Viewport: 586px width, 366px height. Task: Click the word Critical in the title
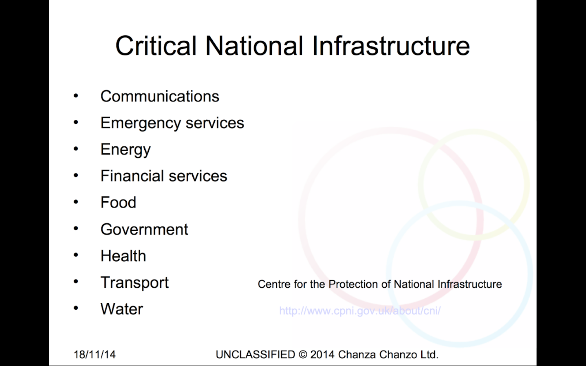tap(156, 46)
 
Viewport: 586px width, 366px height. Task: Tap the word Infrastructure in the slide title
tap(391, 46)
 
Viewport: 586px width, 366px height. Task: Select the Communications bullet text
tap(160, 96)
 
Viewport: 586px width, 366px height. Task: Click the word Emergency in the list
tap(141, 123)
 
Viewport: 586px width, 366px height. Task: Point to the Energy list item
tap(126, 150)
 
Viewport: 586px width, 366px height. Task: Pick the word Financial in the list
tap(132, 176)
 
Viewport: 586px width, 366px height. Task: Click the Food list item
tap(119, 202)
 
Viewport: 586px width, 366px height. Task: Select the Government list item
tap(144, 229)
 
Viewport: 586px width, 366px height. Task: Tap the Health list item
tap(123, 256)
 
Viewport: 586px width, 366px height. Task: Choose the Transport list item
tap(135, 283)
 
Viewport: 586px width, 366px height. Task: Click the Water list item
tap(122, 309)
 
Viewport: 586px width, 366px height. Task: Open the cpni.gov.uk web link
tap(360, 311)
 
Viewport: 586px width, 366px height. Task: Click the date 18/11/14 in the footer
tap(95, 355)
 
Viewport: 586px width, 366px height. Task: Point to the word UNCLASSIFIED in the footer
tap(255, 355)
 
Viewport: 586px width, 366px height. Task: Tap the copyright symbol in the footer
tap(303, 355)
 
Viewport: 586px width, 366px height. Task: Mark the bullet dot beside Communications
tap(76, 96)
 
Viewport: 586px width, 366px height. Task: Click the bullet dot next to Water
tap(76, 308)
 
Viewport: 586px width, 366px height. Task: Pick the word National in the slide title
tap(254, 46)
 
